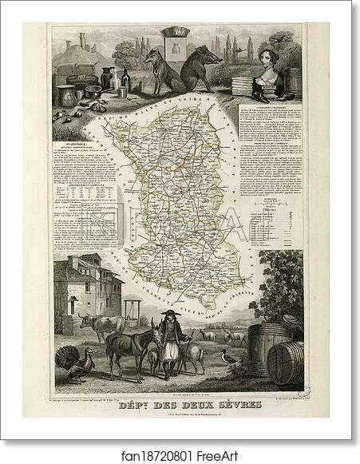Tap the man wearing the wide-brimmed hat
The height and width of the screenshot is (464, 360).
[168, 343]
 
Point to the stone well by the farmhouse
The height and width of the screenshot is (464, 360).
[133, 307]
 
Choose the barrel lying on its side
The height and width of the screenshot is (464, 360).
[284, 363]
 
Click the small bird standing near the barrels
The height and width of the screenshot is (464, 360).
[231, 360]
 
